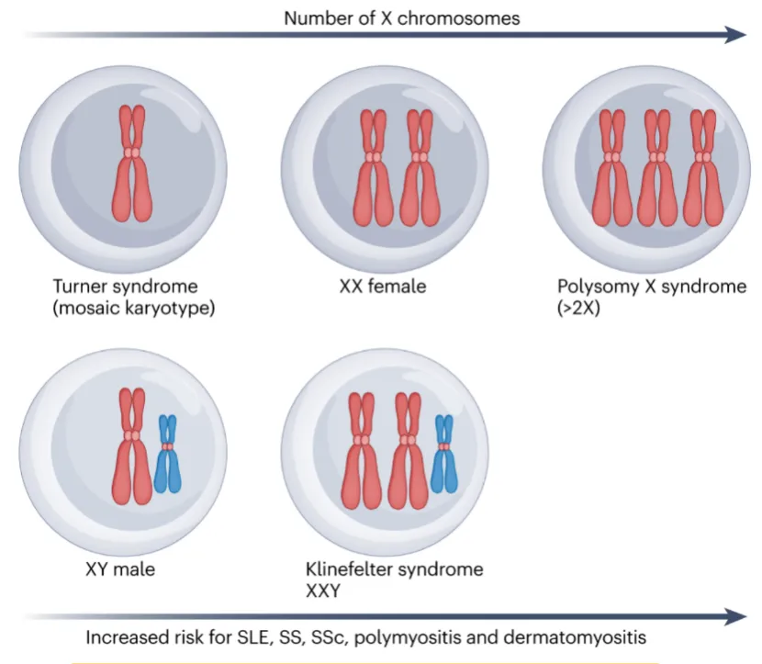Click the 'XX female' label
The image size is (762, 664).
point(382,287)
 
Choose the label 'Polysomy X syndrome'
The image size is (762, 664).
point(654,287)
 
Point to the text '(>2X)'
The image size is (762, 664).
point(577,308)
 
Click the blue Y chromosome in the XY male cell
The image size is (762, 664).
point(167,454)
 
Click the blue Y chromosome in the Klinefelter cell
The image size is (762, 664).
point(444,454)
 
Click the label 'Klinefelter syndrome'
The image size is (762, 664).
point(394,569)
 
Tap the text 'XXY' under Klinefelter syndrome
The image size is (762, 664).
point(322,591)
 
